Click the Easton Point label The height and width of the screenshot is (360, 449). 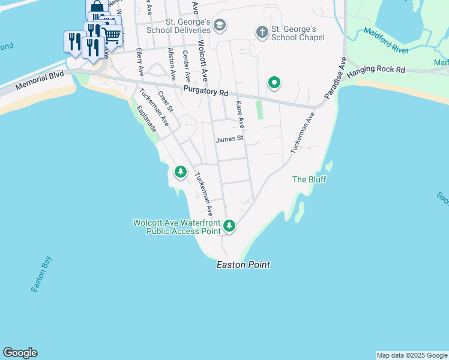point(243,265)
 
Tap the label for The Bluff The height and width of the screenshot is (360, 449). point(309,179)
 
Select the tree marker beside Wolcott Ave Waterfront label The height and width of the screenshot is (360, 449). point(229,226)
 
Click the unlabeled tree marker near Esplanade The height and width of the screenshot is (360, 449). point(180,172)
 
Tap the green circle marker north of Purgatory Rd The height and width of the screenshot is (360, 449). point(274,83)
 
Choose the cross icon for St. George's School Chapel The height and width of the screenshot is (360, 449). point(262,32)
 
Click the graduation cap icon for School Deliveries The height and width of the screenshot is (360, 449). point(220,25)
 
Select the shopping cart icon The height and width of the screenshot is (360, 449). point(112,35)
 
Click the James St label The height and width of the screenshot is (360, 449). point(229,139)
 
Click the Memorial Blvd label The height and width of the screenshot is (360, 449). point(39,82)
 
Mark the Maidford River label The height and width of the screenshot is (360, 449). point(386,41)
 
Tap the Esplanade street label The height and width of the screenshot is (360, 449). point(146,119)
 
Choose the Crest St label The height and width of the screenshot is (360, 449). point(165,101)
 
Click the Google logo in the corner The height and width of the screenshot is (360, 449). point(20,353)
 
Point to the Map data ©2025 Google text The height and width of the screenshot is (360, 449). point(412,355)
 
